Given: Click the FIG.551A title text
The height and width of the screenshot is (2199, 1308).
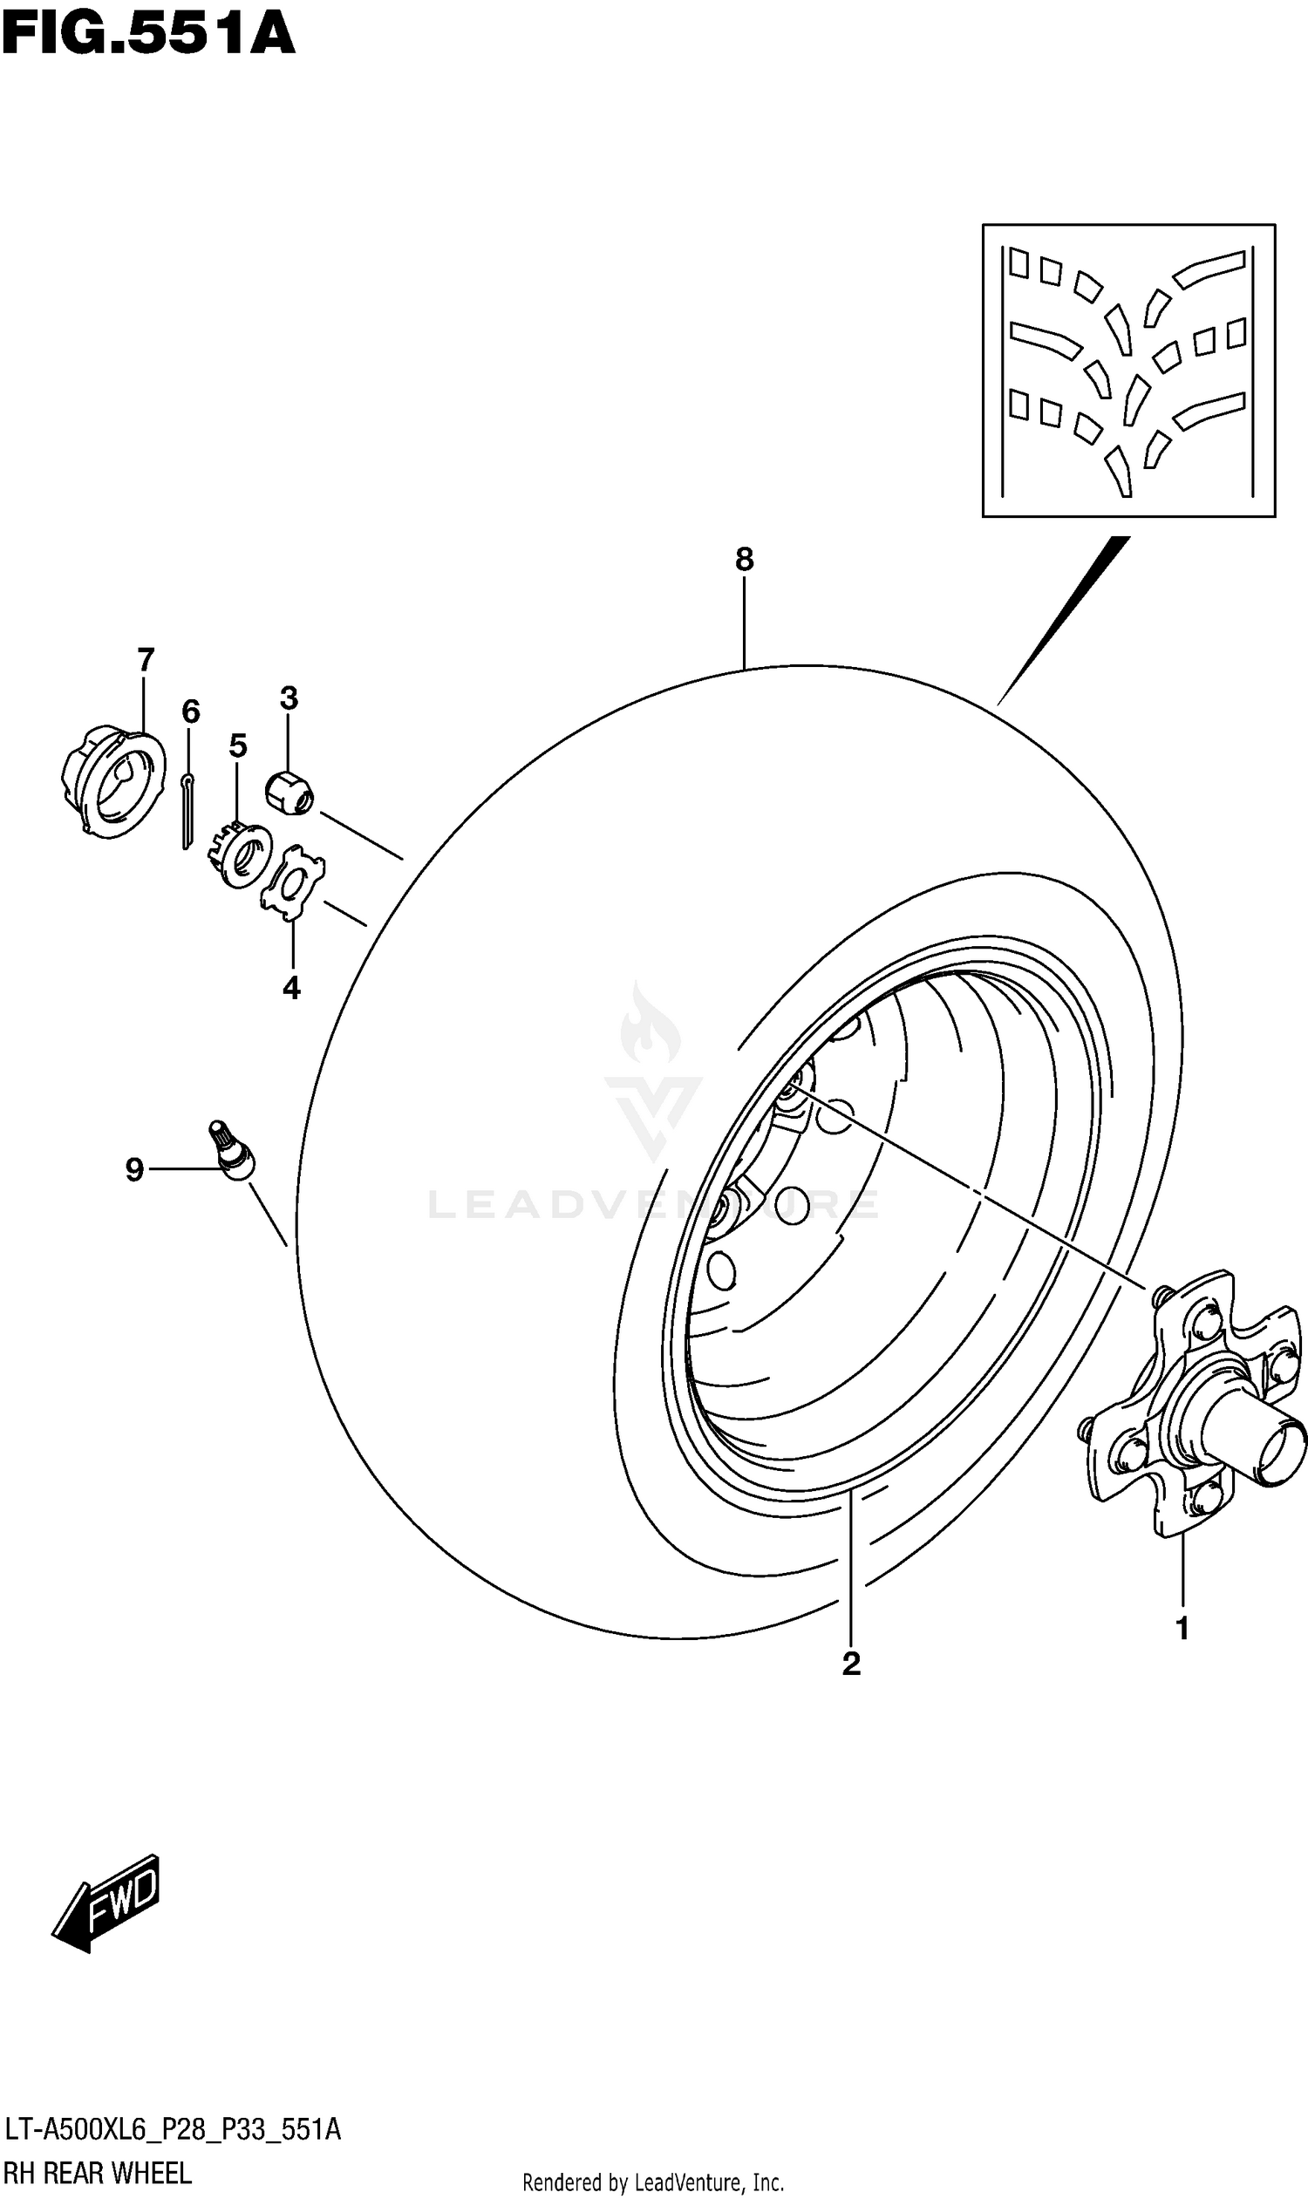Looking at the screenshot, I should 148,35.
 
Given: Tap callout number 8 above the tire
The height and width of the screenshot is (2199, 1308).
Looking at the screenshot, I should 744,559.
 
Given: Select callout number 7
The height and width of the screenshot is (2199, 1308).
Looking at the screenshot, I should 146,659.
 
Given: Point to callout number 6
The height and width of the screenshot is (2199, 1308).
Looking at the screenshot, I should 190,711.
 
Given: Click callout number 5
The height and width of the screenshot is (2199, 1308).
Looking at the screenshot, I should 238,745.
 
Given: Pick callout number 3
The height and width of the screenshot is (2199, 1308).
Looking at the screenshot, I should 290,698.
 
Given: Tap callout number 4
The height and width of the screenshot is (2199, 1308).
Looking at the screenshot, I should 292,988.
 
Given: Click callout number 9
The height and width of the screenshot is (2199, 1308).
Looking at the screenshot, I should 134,1169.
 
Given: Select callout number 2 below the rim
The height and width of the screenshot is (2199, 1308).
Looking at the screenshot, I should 850,1662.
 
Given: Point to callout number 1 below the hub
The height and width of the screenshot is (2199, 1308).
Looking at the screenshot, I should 1182,1629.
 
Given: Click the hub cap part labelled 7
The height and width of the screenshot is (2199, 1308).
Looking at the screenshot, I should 113,783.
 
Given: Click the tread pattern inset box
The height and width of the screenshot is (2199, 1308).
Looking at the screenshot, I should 1128,371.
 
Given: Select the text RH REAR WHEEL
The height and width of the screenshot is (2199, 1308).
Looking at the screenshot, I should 98,2174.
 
